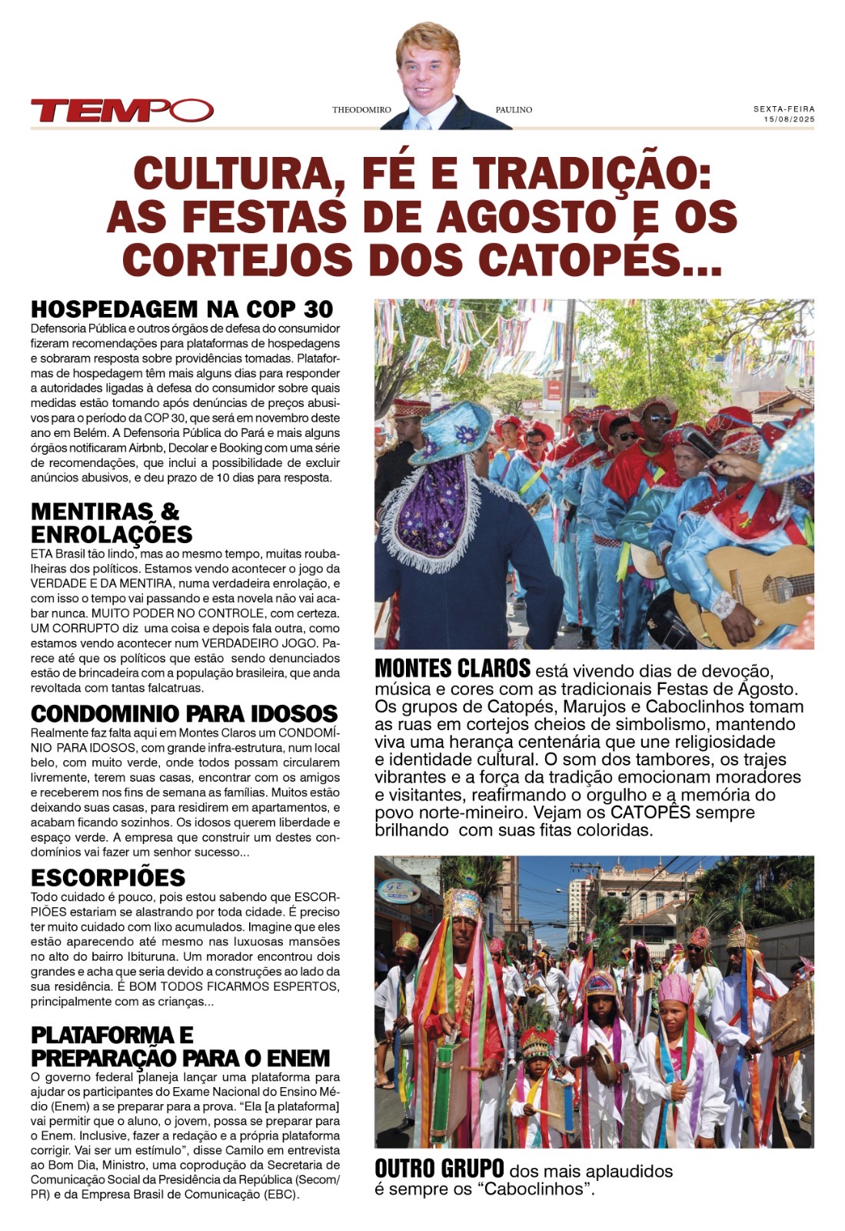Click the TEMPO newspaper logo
tap(121, 111)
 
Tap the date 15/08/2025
tap(789, 119)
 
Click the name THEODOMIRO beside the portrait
tap(361, 110)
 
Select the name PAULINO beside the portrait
tap(514, 110)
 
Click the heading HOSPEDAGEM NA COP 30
tap(182, 309)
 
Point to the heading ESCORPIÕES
tap(108, 877)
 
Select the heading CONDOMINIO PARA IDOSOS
tap(185, 713)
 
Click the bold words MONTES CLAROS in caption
tap(452, 667)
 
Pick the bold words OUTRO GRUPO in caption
tap(439, 1169)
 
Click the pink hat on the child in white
tap(675, 989)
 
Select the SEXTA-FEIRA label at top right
tap(783, 109)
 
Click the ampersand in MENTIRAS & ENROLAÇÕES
tap(170, 511)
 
